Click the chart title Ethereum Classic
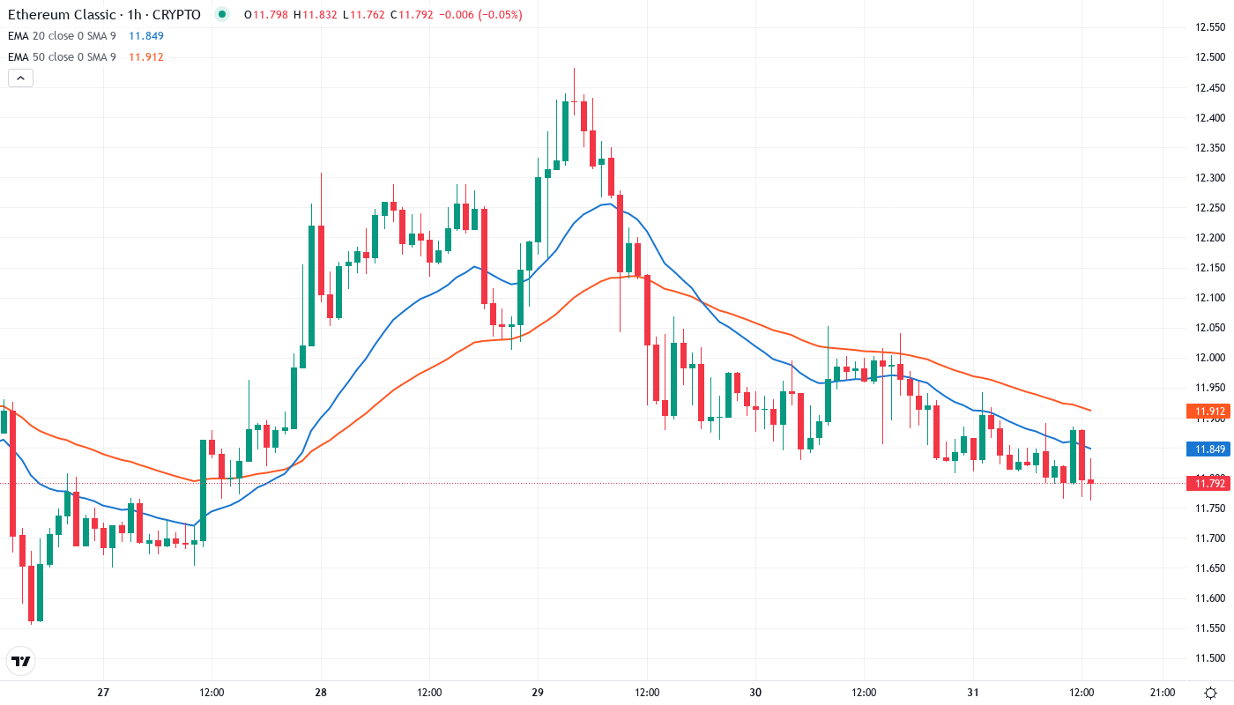[61, 15]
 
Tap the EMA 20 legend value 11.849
[146, 36]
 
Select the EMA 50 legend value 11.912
[146, 57]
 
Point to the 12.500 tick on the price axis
[1208, 57]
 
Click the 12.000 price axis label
[1208, 358]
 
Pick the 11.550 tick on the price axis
[1208, 628]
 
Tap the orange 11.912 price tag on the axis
[1207, 411]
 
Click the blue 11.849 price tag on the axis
[1207, 449]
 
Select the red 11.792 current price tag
[1207, 483]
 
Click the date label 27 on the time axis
[103, 693]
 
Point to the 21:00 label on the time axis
[1162, 693]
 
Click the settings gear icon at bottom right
[1210, 693]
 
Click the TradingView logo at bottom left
[21, 661]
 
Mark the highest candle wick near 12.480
[574, 70]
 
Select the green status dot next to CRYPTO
[221, 15]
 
